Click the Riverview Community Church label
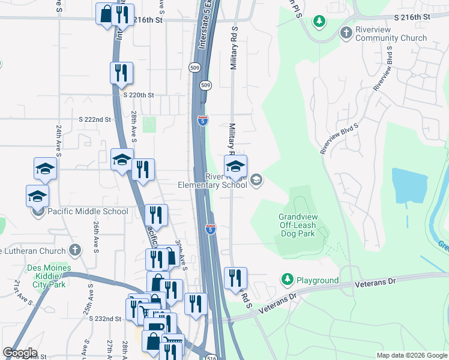click(x=391, y=32)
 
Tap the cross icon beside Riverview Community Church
click(x=346, y=32)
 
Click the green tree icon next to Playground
click(x=288, y=280)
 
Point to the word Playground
click(x=318, y=280)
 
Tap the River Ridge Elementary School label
click(x=212, y=181)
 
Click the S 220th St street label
click(x=139, y=95)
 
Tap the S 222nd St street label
click(x=95, y=120)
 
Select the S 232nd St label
click(x=106, y=319)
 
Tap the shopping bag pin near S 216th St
click(x=106, y=14)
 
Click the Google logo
click(x=20, y=353)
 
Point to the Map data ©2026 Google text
click(x=411, y=355)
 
